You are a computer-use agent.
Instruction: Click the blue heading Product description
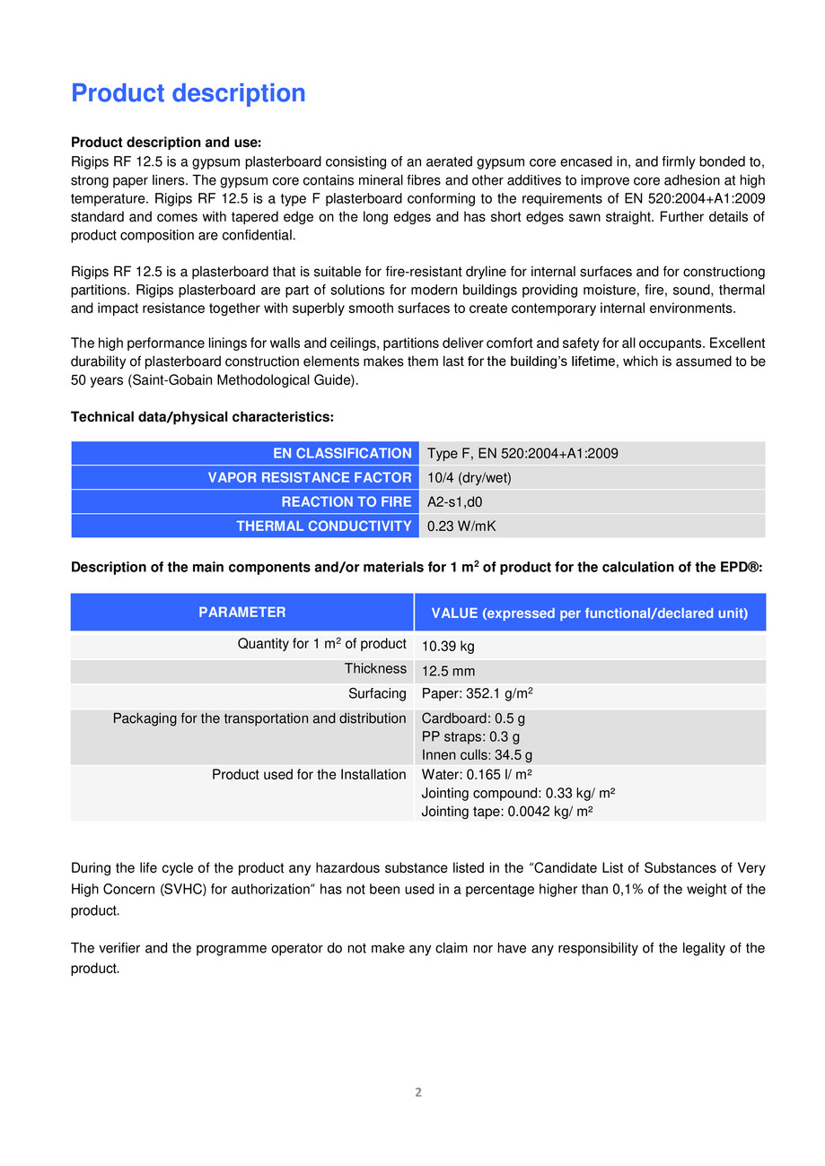[x=188, y=93]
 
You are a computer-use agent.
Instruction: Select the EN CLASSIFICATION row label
[x=342, y=454]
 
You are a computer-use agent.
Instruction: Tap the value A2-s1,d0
[x=454, y=502]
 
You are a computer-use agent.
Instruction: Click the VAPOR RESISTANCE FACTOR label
[x=310, y=478]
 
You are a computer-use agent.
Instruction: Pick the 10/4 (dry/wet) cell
[x=469, y=478]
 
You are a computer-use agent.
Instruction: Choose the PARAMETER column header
[x=242, y=613]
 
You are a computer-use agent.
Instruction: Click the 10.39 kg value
[x=448, y=647]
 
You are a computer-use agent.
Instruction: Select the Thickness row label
[x=375, y=669]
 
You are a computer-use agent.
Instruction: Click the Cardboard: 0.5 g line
[x=473, y=719]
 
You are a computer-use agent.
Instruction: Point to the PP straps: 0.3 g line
[x=470, y=737]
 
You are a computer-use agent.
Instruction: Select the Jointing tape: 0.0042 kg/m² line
[x=507, y=811]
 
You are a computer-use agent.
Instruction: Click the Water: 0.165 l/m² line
[x=477, y=775]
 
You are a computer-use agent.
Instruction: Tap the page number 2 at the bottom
[x=417, y=1092]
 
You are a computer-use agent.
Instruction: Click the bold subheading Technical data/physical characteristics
[x=202, y=417]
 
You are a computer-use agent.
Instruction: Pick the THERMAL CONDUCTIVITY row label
[x=324, y=526]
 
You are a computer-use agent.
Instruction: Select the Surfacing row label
[x=377, y=693]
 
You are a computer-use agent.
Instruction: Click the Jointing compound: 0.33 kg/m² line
[x=518, y=793]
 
